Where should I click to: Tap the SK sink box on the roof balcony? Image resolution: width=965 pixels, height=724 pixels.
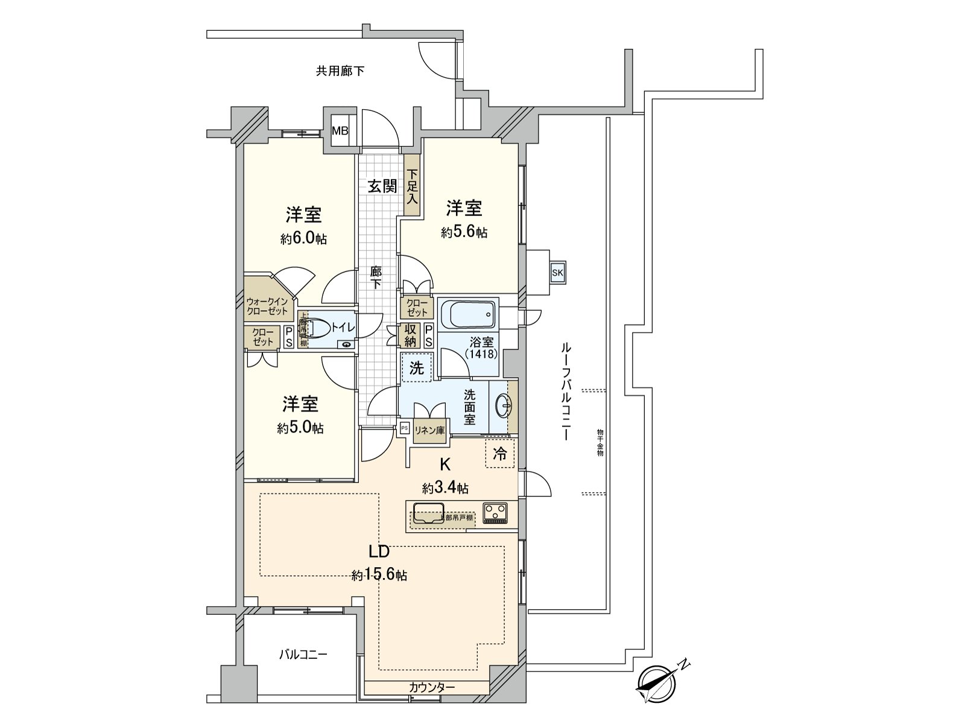(557, 273)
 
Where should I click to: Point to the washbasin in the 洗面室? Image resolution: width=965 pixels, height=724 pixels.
(502, 407)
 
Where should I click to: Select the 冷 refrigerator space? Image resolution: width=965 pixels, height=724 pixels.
(500, 454)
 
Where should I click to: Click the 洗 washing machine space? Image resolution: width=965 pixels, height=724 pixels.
(417, 367)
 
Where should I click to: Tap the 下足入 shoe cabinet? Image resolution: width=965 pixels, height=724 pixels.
(412, 185)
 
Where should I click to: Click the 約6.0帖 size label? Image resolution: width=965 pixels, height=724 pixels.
(303, 239)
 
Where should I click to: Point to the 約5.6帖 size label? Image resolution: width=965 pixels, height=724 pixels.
(464, 232)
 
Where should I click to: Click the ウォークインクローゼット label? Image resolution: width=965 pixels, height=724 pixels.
(267, 306)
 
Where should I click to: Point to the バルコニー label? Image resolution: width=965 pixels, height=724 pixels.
(303, 654)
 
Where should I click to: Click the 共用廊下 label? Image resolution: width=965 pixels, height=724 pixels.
(340, 71)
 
